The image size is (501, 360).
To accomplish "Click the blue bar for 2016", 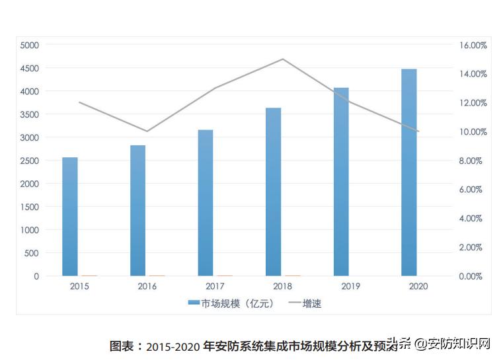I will [137, 211].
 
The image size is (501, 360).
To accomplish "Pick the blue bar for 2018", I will [274, 192].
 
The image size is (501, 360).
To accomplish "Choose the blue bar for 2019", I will [341, 182].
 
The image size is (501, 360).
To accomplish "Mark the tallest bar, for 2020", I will [409, 172].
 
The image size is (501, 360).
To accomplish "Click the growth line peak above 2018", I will [283, 59].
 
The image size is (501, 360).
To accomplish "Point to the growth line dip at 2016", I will [147, 131].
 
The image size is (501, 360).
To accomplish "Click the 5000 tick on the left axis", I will [30, 45].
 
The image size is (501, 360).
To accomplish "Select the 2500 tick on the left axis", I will [30, 161].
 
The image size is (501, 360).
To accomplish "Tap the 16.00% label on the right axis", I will [473, 45].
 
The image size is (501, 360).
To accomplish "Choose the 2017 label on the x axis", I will [215, 287].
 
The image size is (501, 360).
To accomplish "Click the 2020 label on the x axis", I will [418, 287].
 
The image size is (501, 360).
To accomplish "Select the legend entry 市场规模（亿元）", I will [229, 304].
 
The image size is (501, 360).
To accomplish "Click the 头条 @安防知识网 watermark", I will [440, 344].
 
